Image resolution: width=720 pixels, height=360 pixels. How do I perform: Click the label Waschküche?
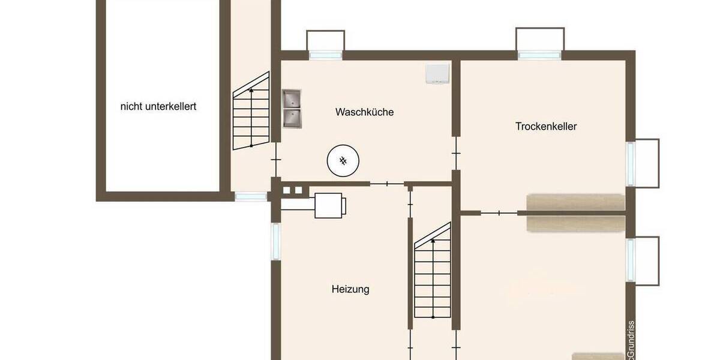point(364,112)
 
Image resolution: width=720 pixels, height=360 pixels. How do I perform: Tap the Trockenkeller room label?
point(546,127)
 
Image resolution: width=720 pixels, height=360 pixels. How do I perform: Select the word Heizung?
point(350,289)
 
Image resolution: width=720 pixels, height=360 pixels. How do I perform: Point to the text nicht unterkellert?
point(158,107)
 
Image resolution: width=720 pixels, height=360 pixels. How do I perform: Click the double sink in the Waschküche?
point(292,109)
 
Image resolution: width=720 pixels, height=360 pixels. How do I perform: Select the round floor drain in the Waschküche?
point(343,160)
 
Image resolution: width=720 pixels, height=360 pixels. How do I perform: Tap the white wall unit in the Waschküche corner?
point(437,73)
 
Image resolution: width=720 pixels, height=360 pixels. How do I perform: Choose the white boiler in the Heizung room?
point(329,205)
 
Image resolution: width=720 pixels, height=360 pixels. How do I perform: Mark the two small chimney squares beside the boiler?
point(292,191)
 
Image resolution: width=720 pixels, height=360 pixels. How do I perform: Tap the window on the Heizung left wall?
point(275,241)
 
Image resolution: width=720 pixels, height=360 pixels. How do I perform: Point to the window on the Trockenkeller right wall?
point(631,163)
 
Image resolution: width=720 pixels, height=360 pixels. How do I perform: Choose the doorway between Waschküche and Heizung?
point(387,184)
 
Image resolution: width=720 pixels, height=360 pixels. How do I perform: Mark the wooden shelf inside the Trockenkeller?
point(575,202)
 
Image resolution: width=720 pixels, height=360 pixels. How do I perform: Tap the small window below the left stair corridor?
point(250,196)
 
